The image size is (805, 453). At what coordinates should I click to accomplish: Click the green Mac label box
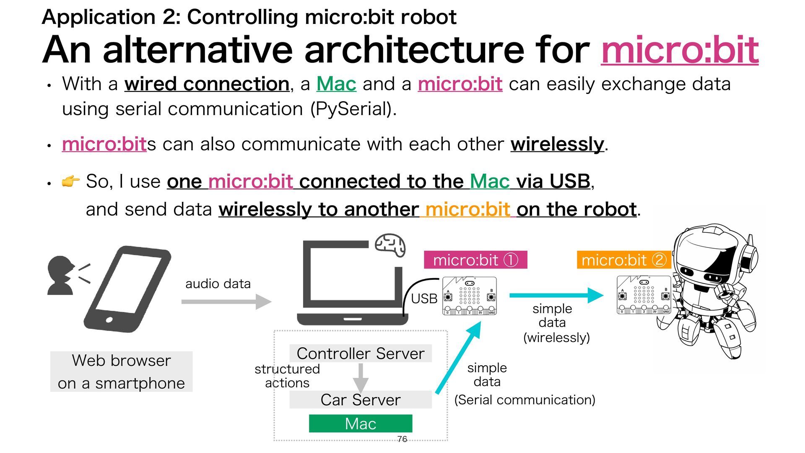click(x=361, y=423)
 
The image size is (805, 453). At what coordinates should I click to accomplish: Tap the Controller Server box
click(x=361, y=354)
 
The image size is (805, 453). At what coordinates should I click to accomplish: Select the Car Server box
click(x=361, y=400)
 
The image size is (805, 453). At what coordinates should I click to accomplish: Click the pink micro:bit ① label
click(x=475, y=260)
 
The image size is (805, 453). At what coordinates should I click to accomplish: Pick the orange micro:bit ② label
click(x=624, y=260)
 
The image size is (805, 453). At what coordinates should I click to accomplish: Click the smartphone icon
click(x=127, y=289)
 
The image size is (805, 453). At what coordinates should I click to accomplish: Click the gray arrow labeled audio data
click(x=226, y=302)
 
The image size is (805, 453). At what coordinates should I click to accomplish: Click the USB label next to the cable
click(x=424, y=299)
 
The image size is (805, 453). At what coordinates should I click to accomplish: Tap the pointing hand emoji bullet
click(x=70, y=181)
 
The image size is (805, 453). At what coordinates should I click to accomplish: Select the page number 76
click(x=402, y=439)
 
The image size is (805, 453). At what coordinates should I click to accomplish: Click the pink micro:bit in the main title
click(x=680, y=50)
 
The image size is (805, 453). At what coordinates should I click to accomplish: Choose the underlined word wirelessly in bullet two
click(x=557, y=144)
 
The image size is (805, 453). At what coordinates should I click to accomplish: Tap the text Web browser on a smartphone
click(x=122, y=372)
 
